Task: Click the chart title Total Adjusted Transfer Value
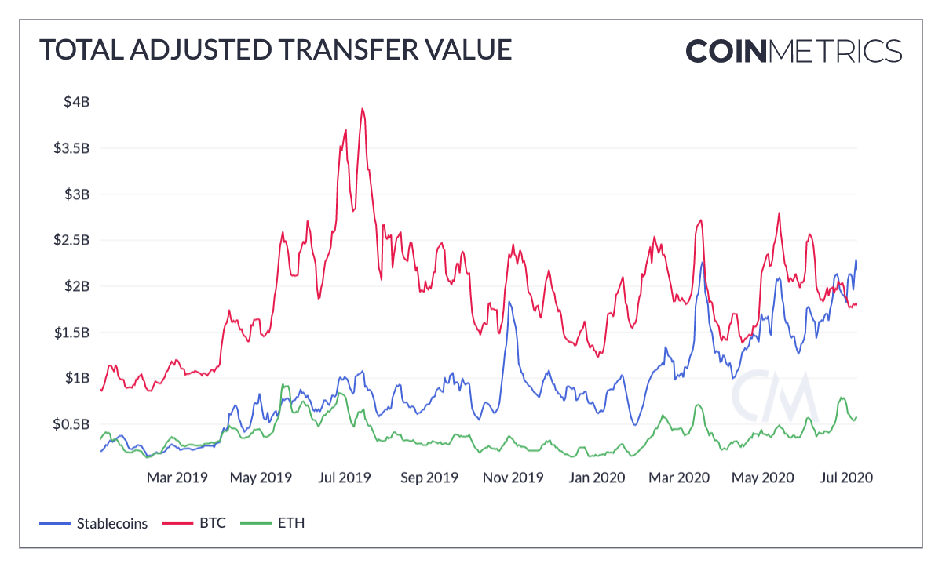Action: click(276, 50)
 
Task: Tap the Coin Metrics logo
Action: click(794, 50)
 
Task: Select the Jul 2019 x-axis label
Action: click(343, 477)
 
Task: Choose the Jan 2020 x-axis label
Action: click(597, 477)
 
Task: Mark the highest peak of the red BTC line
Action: click(362, 109)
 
